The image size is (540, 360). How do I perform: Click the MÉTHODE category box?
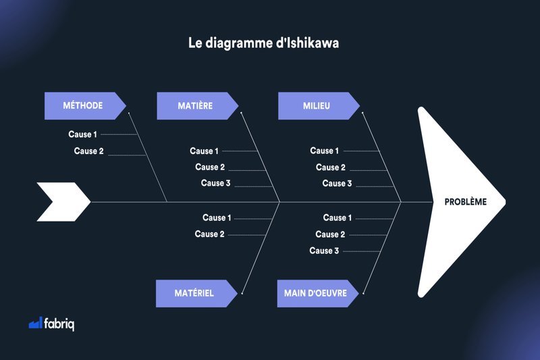click(x=85, y=106)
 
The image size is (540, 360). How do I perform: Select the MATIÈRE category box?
click(x=197, y=106)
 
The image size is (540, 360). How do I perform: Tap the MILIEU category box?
click(x=319, y=106)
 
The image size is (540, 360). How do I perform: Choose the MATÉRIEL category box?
click(x=196, y=294)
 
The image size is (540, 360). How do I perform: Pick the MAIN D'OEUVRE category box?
click(x=317, y=294)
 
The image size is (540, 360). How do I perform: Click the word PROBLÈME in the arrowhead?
click(x=466, y=202)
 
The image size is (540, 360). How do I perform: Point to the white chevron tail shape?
click(x=63, y=202)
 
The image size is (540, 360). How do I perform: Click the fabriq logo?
click(x=51, y=324)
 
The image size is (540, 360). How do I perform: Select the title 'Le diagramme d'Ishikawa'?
click(x=263, y=43)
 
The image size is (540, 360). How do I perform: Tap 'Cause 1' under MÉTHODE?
click(x=82, y=134)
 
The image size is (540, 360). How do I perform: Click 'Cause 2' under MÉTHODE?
click(x=88, y=151)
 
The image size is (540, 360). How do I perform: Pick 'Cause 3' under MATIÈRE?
click(x=215, y=183)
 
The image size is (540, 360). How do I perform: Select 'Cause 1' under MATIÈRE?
click(x=205, y=151)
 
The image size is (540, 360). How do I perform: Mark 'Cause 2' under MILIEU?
click(x=331, y=168)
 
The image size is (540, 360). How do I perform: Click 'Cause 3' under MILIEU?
click(x=337, y=183)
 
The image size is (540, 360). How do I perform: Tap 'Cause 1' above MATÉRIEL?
click(x=217, y=217)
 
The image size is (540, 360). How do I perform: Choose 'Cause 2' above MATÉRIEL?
click(x=209, y=234)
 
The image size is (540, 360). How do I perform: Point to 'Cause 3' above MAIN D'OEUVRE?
click(x=324, y=251)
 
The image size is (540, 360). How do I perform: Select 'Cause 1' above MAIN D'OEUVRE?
click(x=337, y=217)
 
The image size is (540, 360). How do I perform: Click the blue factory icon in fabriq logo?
click(x=36, y=323)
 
